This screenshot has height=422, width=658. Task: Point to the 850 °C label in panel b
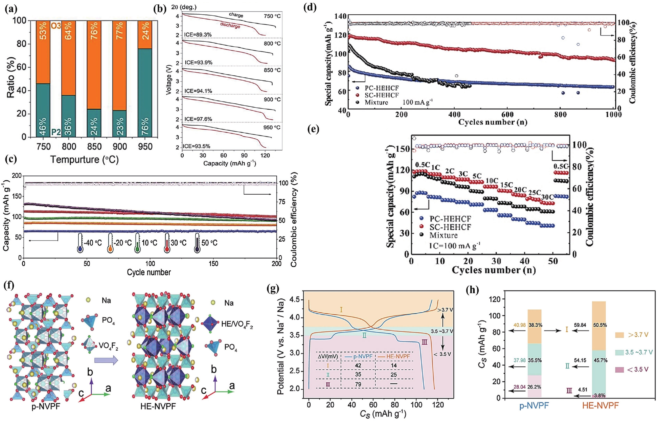pos(272,70)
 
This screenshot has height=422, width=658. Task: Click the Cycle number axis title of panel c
pos(149,272)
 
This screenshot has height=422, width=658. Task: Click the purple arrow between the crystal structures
pos(106,361)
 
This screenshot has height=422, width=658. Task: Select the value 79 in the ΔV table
pos(358,384)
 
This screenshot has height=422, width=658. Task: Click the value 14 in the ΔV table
pos(394,365)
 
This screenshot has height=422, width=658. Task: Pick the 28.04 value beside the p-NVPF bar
pos(520,387)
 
